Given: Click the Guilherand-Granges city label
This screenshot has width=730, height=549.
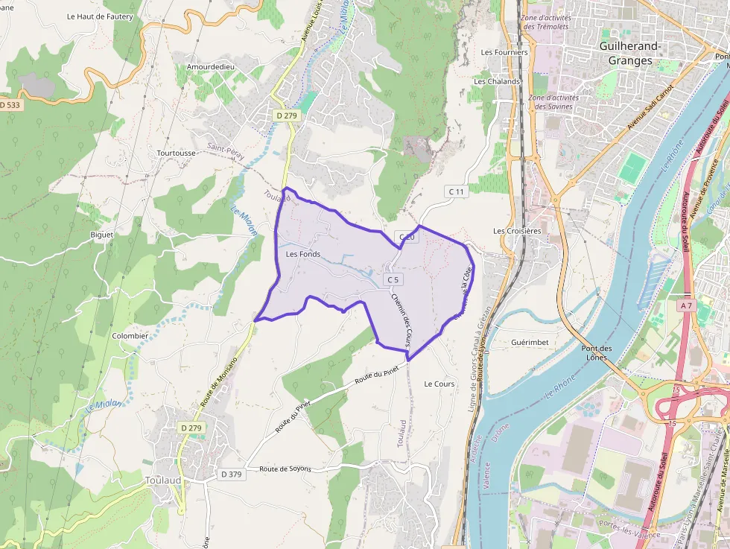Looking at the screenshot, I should pyautogui.click(x=630, y=54).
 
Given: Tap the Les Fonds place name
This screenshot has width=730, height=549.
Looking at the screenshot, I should pyautogui.click(x=303, y=254).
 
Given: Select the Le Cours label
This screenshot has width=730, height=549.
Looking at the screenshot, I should pyautogui.click(x=439, y=384).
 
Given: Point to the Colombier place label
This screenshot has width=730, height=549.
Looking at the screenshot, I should pyautogui.click(x=130, y=336).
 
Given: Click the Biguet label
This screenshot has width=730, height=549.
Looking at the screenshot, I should pyautogui.click(x=101, y=235).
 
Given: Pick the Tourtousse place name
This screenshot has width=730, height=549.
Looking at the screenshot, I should pyautogui.click(x=177, y=153).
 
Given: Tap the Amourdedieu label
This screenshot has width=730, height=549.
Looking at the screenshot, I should pyautogui.click(x=211, y=67).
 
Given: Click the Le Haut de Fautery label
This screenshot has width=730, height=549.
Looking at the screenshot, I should pyautogui.click(x=100, y=16).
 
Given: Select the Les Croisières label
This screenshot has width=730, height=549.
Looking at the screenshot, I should pyautogui.click(x=517, y=231).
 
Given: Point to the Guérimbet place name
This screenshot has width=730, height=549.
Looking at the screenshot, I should pyautogui.click(x=530, y=342).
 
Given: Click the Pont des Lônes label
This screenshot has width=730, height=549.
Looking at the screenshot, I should pyautogui.click(x=596, y=352).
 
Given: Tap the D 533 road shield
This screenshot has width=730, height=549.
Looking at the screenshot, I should pyautogui.click(x=10, y=105).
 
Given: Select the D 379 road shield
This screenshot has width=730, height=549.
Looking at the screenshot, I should pyautogui.click(x=232, y=474).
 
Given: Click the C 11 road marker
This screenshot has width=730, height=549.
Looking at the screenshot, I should pyautogui.click(x=456, y=191).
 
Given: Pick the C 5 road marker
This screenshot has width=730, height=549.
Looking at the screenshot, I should pyautogui.click(x=393, y=279).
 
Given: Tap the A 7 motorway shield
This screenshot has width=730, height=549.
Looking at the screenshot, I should pyautogui.click(x=686, y=305).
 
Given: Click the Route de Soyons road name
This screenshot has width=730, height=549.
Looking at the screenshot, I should pyautogui.click(x=285, y=469).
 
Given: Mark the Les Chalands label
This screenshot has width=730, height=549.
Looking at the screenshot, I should pyautogui.click(x=497, y=81).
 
